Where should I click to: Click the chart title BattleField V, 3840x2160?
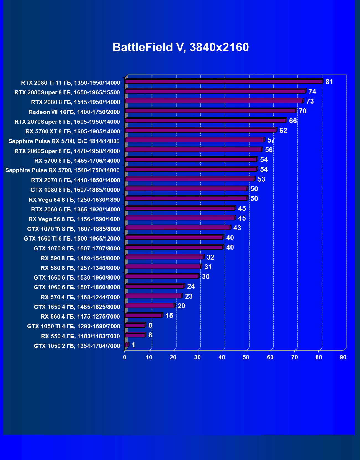pyautogui.click(x=181, y=47)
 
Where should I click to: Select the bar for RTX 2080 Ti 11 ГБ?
pyautogui.click(x=224, y=81)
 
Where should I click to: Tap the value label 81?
pyautogui.click(x=329, y=82)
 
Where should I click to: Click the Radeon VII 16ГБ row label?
pyautogui.click(x=74, y=112)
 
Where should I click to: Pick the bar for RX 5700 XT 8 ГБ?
pyautogui.click(x=201, y=130)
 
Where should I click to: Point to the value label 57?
pyautogui.click(x=271, y=140)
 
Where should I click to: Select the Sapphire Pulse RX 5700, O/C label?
pyautogui.click(x=64, y=141)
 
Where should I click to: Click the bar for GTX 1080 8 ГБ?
pyautogui.click(x=186, y=189)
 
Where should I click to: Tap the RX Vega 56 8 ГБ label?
pyautogui.click(x=74, y=219)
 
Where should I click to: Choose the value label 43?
pyautogui.click(x=237, y=228)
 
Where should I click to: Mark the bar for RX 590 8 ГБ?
pyautogui.click(x=164, y=257)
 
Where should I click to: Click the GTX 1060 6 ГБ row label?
pyautogui.click(x=77, y=287)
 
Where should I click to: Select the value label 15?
pyautogui.click(x=169, y=316)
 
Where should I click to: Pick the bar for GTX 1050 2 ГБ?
pyautogui.click(x=127, y=345)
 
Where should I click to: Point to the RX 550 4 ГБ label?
pyautogui.click(x=80, y=336)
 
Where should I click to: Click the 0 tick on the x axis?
pyautogui.click(x=125, y=357)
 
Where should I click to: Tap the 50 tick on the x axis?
pyautogui.click(x=246, y=357)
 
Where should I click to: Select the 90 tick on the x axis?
pyautogui.click(x=343, y=357)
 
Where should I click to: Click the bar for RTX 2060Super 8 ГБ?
pyautogui.click(x=194, y=150)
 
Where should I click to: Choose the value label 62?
pyautogui.click(x=283, y=131)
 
